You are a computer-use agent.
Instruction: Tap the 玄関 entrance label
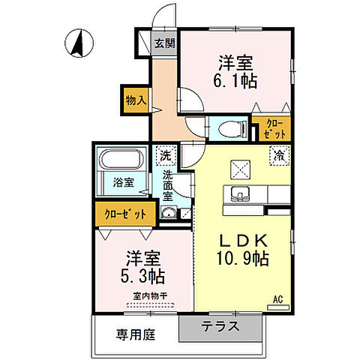pyautogui.click(x=164, y=43)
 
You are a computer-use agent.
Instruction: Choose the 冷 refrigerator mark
pyautogui.click(x=278, y=157)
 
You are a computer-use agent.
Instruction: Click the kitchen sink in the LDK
pyautogui.click(x=241, y=193)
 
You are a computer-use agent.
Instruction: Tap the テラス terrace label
pyautogui.click(x=220, y=326)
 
